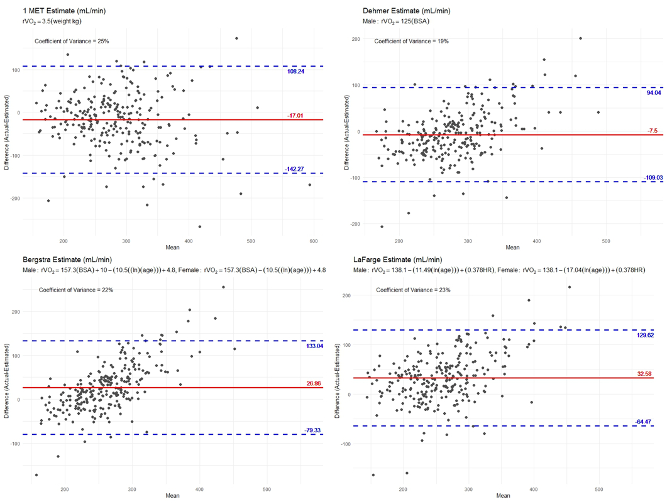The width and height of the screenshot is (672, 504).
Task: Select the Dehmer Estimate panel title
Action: pos(407,11)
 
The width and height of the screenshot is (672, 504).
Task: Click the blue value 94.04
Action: pos(654,93)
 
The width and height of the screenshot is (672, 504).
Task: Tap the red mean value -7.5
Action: pos(653,131)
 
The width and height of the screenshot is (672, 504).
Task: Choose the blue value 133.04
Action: pos(314,346)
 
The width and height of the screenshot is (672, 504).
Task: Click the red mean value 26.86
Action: pos(314,383)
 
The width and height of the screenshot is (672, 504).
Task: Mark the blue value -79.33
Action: pos(313,430)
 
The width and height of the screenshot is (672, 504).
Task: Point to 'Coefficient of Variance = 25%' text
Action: pos(72,41)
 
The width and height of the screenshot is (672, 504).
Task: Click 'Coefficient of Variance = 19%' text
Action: pos(412,41)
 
